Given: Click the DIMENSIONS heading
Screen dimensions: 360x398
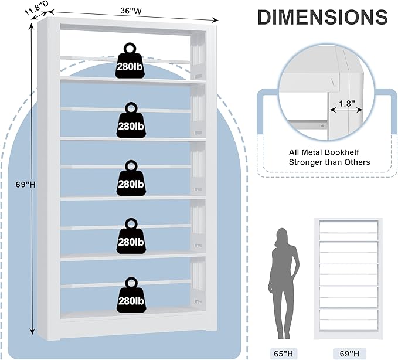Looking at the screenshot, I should coord(323,18).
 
